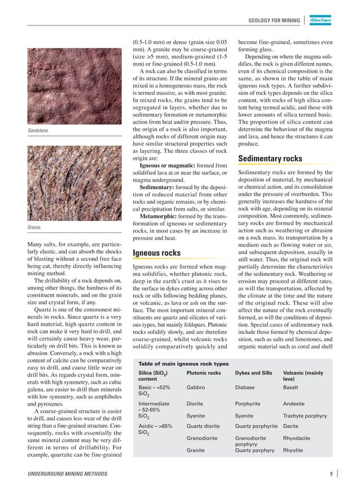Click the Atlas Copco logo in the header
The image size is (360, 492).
point(322,21)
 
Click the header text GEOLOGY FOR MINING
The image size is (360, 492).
point(275,21)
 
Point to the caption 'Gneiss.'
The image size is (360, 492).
point(36,229)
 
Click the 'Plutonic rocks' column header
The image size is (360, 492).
point(204,357)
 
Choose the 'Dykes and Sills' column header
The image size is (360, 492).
point(253,357)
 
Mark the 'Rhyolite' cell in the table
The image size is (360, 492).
point(293,450)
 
